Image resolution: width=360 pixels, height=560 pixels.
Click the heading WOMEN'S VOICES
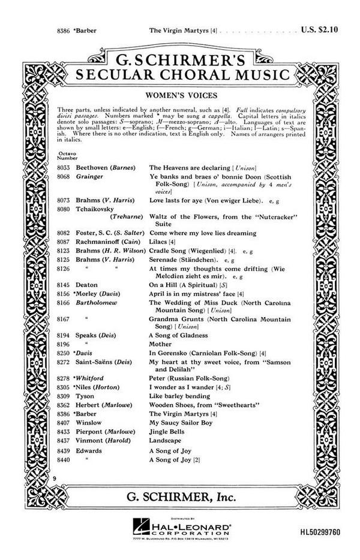point(180,95)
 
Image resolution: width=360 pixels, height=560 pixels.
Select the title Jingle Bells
point(167,431)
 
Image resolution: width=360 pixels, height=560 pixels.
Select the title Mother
point(160,344)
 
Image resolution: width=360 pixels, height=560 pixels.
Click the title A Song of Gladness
point(178,335)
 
